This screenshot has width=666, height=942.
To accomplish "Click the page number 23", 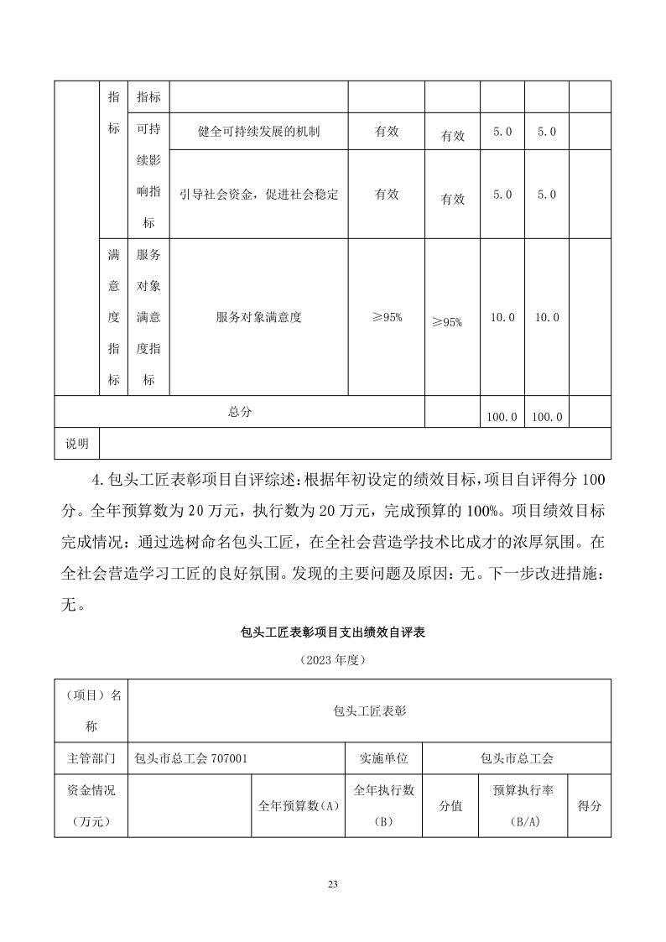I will [x=333, y=884].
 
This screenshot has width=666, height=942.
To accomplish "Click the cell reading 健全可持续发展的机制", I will [x=259, y=132].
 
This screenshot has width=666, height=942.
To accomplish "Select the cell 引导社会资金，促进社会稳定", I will [x=259, y=194].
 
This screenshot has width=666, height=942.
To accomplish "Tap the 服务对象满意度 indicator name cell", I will [x=258, y=317].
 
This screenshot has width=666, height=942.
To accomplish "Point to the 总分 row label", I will [x=239, y=412].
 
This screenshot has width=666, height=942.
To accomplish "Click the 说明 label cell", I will [x=77, y=443].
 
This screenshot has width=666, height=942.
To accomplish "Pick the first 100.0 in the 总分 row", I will [x=502, y=416].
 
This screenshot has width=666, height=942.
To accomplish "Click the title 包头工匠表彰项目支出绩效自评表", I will [x=333, y=632].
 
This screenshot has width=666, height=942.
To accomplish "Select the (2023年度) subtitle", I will [x=333, y=660].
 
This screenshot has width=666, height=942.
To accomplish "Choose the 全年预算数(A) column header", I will [x=298, y=805].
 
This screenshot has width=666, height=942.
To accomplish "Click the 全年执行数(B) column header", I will [x=383, y=805].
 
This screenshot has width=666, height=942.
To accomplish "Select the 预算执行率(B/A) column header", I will [x=523, y=805].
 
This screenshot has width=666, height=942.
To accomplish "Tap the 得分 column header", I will [x=590, y=805].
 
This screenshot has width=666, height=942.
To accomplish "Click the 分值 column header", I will [x=450, y=805].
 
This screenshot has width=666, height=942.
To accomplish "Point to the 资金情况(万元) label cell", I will [x=91, y=805].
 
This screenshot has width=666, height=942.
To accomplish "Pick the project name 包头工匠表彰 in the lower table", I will [x=369, y=710].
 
